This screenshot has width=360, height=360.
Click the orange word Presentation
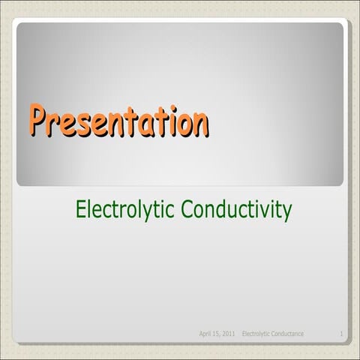pos(118,122)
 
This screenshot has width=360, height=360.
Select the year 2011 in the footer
pos(229,333)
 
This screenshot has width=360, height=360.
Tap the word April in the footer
pos(205,333)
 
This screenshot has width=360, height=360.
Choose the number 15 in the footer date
pos(217,333)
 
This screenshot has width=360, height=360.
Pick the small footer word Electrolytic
pos(256,333)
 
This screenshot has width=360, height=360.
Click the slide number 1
pos(341,333)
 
